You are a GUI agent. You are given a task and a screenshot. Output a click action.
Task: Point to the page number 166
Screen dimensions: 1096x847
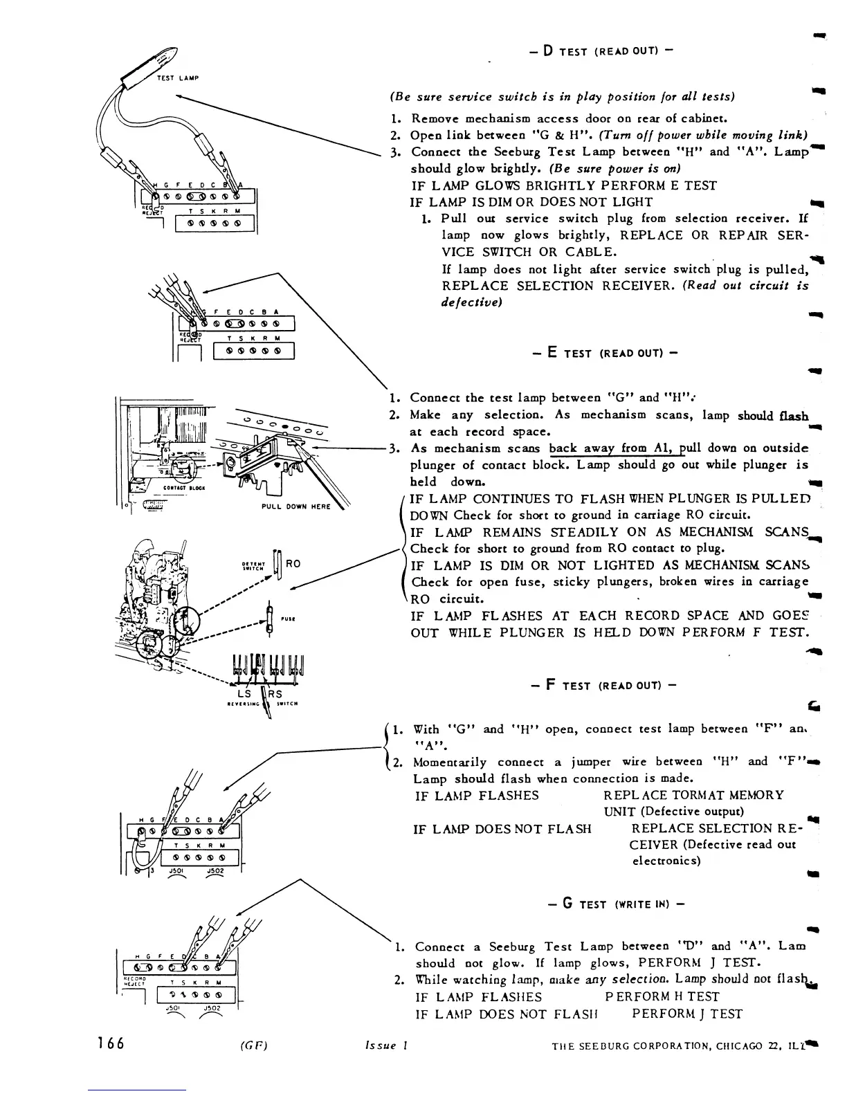click(111, 1043)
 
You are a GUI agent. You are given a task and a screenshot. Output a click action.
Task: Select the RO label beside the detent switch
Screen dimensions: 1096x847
click(293, 563)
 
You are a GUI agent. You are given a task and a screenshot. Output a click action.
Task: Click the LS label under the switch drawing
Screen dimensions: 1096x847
click(244, 693)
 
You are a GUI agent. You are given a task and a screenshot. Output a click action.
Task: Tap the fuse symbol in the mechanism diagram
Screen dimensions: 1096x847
click(270, 615)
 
